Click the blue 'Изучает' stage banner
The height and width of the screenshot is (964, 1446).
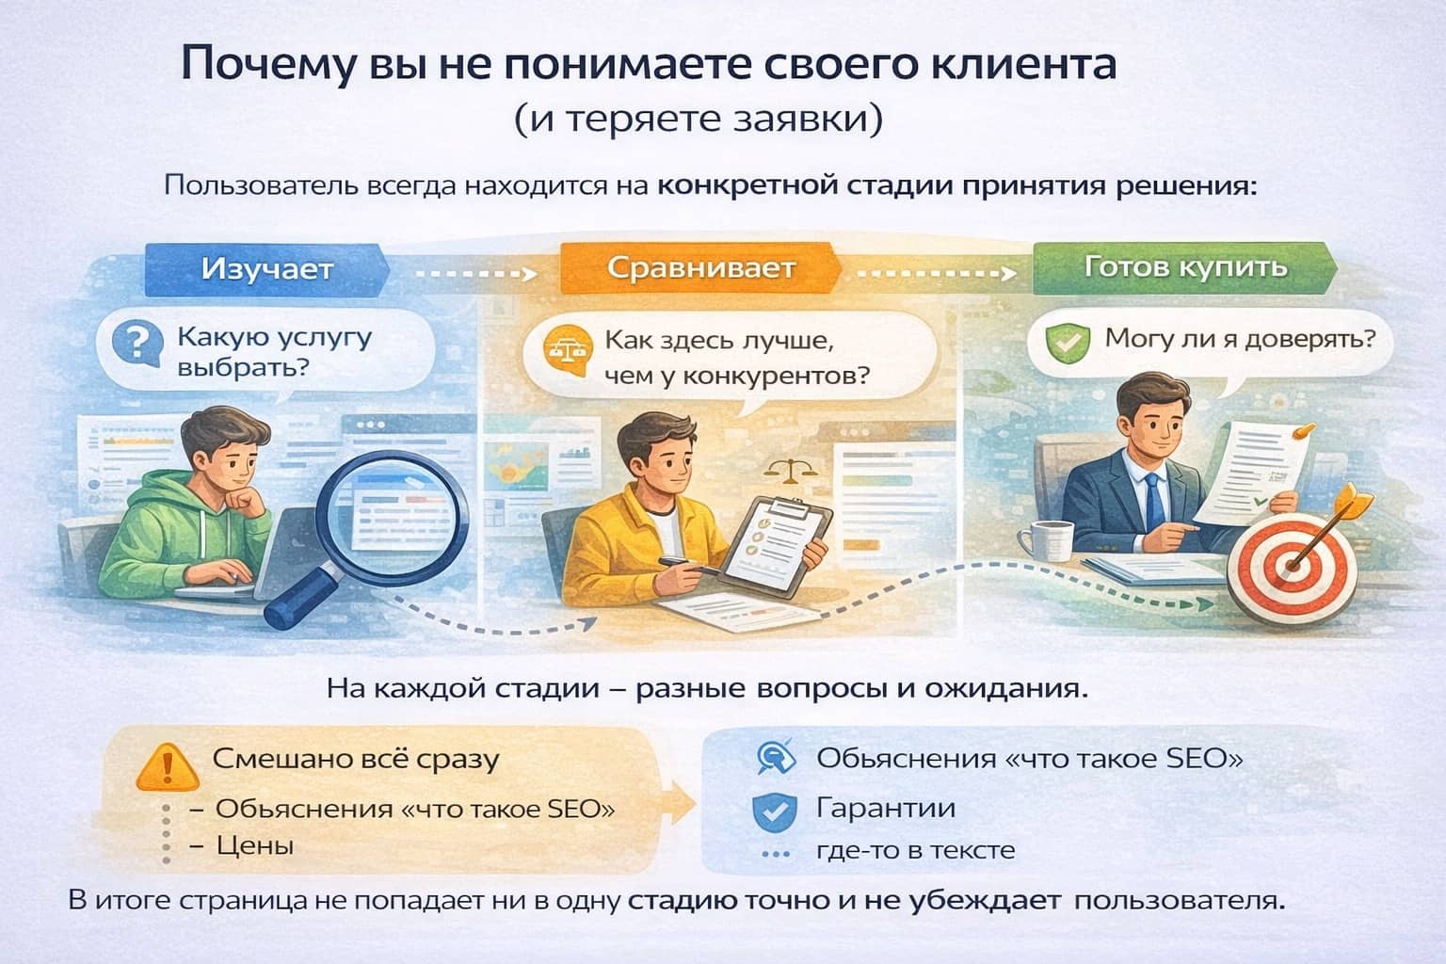[x=266, y=269]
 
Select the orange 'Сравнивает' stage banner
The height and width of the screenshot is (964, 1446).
[x=700, y=268]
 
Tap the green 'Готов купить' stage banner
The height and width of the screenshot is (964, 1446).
[x=1184, y=267]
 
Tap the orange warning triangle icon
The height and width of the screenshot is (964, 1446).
[x=168, y=767]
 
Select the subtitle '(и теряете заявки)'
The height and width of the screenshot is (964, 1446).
[x=699, y=120]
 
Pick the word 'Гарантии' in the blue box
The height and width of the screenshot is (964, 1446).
[x=886, y=808]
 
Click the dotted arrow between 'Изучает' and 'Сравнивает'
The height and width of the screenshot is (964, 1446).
[x=474, y=273]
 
